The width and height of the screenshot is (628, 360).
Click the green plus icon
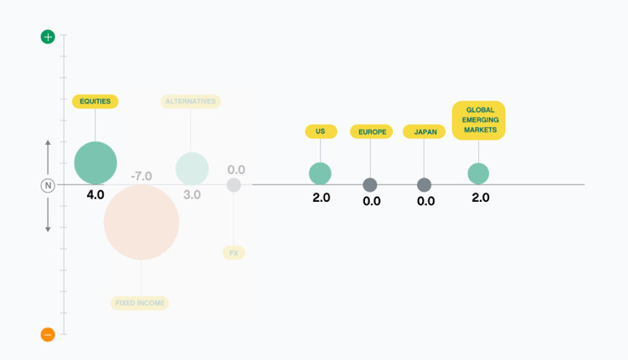coord(48,37)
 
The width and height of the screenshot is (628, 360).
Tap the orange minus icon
coord(48,334)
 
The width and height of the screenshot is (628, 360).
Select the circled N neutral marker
coord(48,185)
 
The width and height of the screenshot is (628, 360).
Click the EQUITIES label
coord(95,101)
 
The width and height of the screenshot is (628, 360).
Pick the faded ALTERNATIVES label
coord(191,101)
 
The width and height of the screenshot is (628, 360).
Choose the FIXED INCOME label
coord(140,303)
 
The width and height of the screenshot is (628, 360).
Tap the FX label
coord(234,253)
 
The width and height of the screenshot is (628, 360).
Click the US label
coord(321,131)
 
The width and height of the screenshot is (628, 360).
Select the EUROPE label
coord(371,131)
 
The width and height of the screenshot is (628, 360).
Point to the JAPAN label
coord(425,131)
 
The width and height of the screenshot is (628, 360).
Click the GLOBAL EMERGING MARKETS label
coord(479,120)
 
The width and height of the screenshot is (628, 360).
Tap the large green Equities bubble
coord(95,163)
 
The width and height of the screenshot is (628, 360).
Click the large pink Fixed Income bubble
coord(142,222)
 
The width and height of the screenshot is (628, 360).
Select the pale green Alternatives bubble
coord(193,168)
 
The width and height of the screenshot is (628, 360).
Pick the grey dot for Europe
coord(370,185)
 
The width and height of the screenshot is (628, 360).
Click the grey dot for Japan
coord(425,185)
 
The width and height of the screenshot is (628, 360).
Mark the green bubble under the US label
coord(320,174)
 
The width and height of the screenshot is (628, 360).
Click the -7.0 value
coord(142,176)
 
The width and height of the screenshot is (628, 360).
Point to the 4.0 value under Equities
coord(95,194)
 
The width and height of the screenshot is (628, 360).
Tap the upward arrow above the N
coord(48,157)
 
